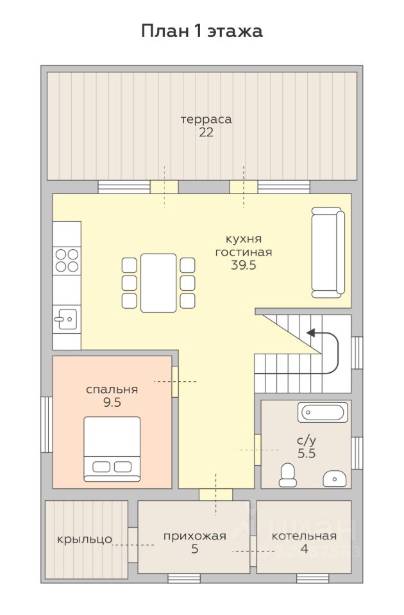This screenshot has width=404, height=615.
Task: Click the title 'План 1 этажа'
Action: (x=202, y=31)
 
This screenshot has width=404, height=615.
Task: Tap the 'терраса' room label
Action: (x=206, y=119)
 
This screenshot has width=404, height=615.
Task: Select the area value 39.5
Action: (x=244, y=265)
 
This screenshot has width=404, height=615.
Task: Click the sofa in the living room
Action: (x=328, y=252)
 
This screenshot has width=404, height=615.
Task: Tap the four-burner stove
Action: (x=67, y=261)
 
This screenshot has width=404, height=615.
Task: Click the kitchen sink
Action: (x=65, y=319)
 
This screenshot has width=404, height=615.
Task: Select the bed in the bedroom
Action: (x=112, y=449)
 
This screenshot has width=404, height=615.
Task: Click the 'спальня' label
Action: (x=112, y=389)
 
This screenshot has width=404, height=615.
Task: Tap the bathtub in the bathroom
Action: (x=323, y=412)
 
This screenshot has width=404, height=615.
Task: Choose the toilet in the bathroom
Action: (x=288, y=475)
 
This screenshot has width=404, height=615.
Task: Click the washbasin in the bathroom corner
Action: (x=335, y=479)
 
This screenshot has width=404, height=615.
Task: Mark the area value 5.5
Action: (x=307, y=454)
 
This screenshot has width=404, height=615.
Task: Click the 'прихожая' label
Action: (x=195, y=536)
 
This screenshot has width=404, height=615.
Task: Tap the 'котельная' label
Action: (x=304, y=536)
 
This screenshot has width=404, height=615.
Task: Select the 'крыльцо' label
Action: (x=85, y=539)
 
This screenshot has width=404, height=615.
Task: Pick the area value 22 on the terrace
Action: (x=206, y=133)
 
